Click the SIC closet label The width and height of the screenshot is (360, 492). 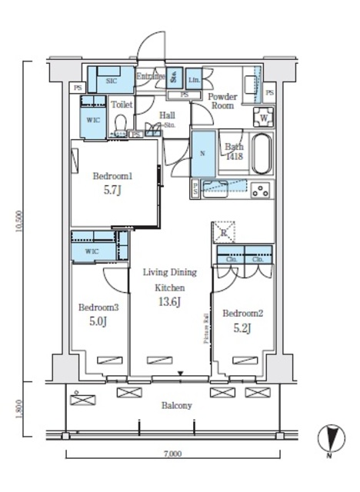click(x=111, y=78)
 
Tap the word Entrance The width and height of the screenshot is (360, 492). click(x=151, y=76)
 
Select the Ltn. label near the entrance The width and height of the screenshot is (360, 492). click(x=193, y=79)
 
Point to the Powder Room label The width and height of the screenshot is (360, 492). click(x=222, y=101)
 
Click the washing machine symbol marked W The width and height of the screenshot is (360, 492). click(x=264, y=118)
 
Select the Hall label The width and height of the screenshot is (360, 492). click(x=166, y=116)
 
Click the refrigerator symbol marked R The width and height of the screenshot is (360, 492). click(x=222, y=232)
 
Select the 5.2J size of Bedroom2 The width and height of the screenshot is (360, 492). click(x=242, y=329)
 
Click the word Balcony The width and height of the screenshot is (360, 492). click(x=176, y=405)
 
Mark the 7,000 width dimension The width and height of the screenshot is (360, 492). click(x=172, y=454)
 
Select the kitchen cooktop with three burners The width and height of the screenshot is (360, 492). click(x=260, y=189)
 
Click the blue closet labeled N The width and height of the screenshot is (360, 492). click(x=203, y=153)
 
